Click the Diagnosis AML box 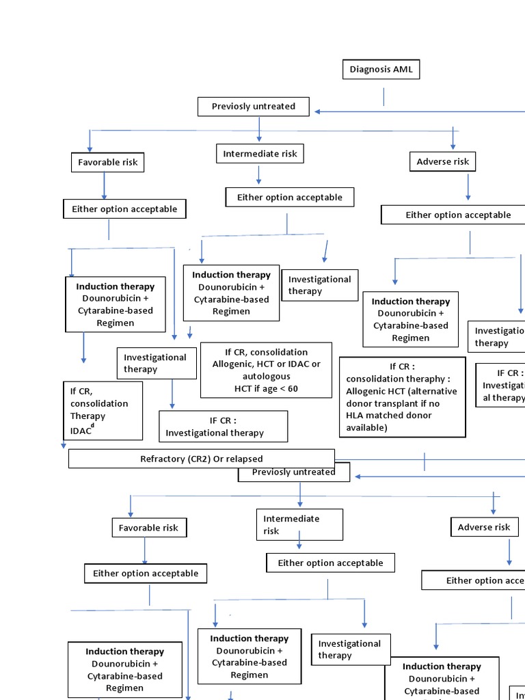click(x=381, y=70)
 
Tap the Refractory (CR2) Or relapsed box click(x=202, y=459)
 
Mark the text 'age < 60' click(x=279, y=389)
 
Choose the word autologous click(x=266, y=376)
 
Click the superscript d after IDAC click(x=93, y=426)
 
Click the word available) click(x=366, y=428)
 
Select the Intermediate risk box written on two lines click(x=299, y=524)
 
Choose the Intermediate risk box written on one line click(x=260, y=154)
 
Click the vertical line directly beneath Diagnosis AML click(x=383, y=96)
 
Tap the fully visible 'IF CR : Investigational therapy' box click(x=223, y=427)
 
